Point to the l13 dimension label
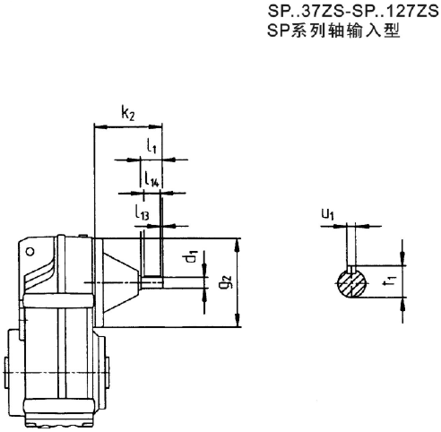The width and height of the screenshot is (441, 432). (143, 212)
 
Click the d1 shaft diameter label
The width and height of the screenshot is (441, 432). (191, 260)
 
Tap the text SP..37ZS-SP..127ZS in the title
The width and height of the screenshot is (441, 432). (345, 13)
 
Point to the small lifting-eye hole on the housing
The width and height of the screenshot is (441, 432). (33, 253)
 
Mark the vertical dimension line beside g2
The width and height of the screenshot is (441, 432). (239, 283)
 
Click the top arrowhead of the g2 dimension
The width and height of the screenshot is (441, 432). (239, 243)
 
